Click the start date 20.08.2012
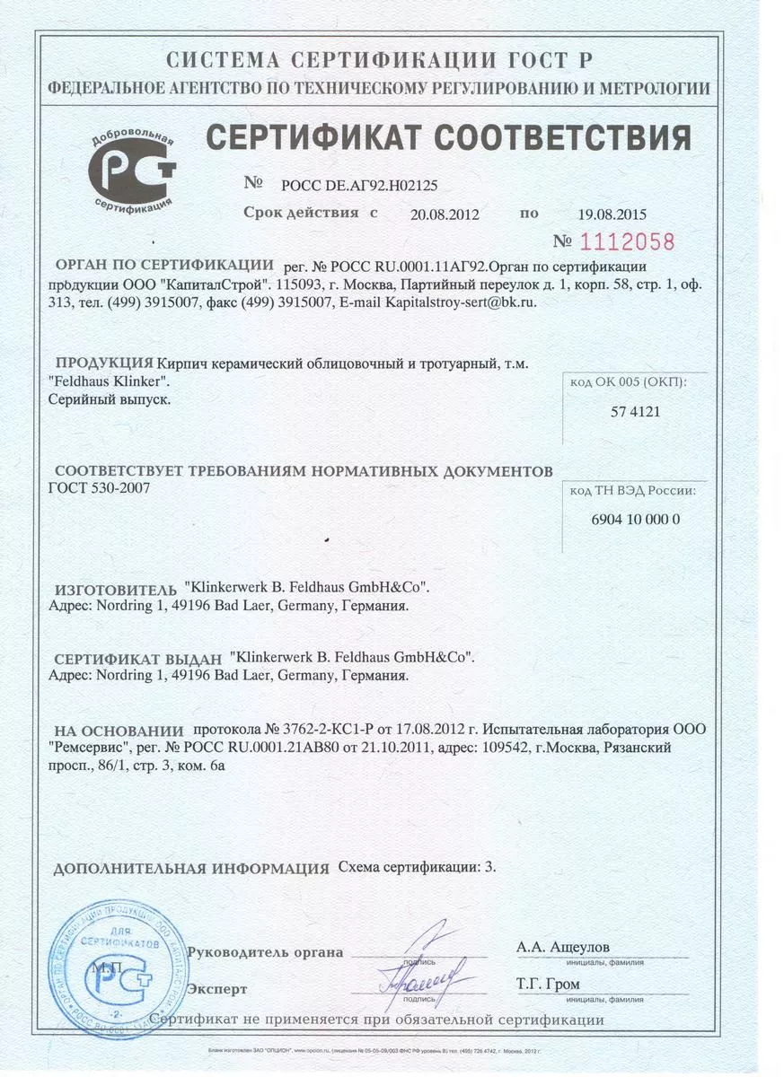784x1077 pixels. pos(444,215)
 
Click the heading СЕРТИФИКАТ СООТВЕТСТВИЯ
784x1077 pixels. pos(448,138)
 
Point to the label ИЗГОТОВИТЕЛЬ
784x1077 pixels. pos(116,591)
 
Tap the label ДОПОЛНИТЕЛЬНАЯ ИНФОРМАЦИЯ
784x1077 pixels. pos(191,869)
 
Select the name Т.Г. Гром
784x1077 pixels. pos(548,985)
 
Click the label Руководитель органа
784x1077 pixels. pos(265,952)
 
